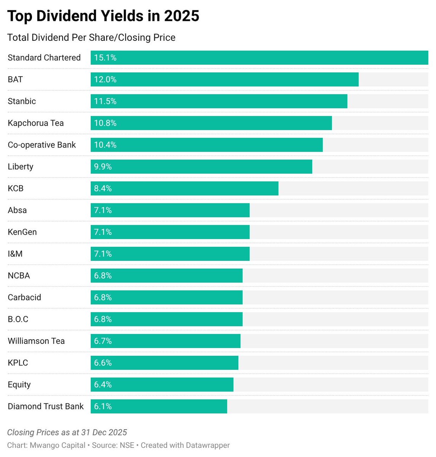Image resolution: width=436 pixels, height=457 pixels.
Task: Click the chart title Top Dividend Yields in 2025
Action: coord(103,16)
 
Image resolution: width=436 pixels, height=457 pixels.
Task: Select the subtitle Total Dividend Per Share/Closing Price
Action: coord(91,38)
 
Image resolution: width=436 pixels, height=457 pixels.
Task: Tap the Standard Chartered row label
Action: coord(44,58)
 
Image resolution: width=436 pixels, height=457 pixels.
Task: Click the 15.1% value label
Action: coord(105,58)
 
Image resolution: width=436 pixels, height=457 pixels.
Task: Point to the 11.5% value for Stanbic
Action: coord(105,101)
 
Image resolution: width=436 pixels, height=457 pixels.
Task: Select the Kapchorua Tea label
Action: coord(36,123)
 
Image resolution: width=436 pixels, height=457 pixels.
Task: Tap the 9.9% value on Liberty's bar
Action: coord(103,166)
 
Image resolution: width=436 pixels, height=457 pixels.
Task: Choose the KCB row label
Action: coord(16,189)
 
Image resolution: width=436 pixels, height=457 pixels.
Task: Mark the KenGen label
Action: coord(22,232)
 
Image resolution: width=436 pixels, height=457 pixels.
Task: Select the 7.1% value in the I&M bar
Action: coord(103,254)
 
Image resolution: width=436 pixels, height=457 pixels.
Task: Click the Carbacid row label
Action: coord(24,297)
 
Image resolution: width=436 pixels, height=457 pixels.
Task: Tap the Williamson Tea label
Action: coord(36,341)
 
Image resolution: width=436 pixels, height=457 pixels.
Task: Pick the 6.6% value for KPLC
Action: coord(103,363)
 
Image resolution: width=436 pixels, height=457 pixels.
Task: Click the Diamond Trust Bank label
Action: coord(46,406)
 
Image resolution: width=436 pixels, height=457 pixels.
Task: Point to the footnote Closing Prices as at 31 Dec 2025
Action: coord(67,432)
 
